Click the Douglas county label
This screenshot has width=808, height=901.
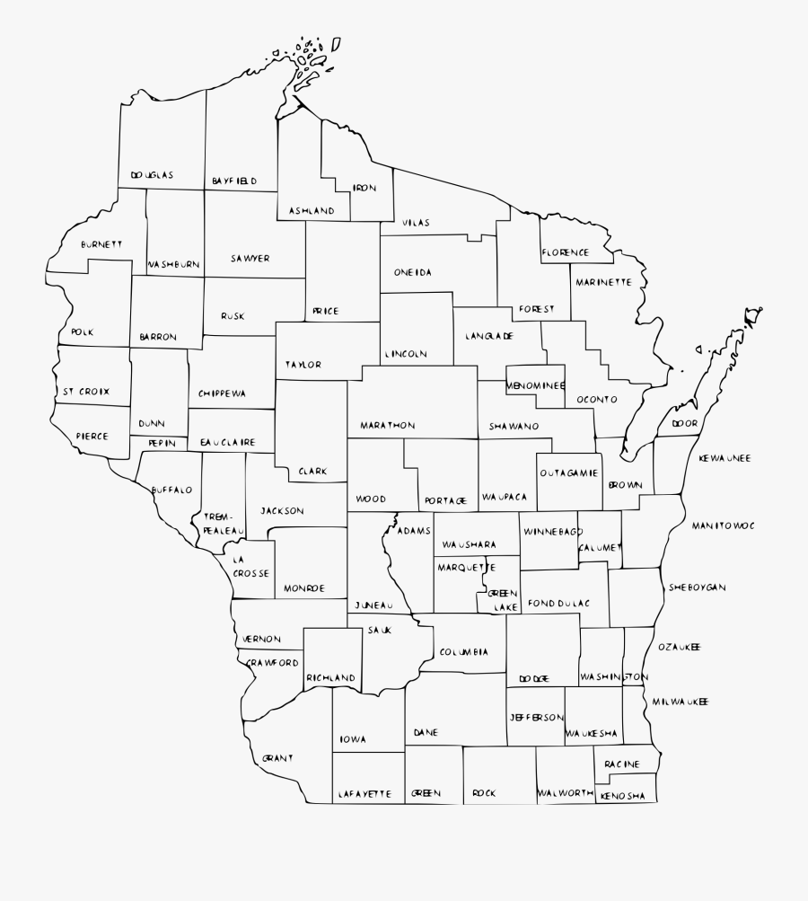[152, 175]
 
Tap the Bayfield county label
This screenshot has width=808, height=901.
[234, 181]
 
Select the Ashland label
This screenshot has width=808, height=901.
[312, 211]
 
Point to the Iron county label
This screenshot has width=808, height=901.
[364, 188]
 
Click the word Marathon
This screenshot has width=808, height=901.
[388, 425]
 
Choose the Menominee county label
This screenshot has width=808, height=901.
[536, 385]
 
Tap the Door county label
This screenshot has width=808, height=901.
[684, 423]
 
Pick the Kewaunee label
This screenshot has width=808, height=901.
[725, 458]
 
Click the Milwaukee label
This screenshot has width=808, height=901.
[681, 701]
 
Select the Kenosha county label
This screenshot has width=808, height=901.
[623, 796]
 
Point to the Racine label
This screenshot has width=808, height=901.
[622, 764]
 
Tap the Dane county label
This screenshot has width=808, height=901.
[426, 733]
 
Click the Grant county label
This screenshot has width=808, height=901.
[278, 758]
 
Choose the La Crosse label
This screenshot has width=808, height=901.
[251, 564]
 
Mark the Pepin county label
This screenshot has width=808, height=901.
[162, 443]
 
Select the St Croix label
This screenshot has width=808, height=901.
[86, 392]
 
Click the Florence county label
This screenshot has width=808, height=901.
[565, 252]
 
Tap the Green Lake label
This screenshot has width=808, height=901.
[503, 600]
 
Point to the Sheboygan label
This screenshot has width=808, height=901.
[697, 587]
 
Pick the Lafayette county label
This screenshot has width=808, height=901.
[365, 794]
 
